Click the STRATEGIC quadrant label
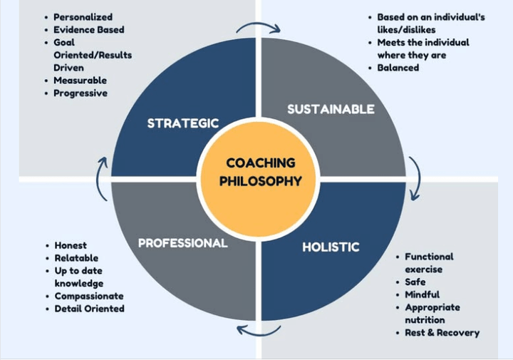[x=183, y=123]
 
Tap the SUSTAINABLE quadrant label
[x=331, y=109]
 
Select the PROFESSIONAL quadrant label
[x=183, y=243]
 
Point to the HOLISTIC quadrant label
[x=331, y=247]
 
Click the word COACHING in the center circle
[x=261, y=163]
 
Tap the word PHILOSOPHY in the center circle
[x=261, y=181]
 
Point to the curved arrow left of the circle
[x=100, y=178]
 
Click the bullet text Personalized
[x=83, y=17]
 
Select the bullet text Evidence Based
[x=89, y=30]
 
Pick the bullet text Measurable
[x=80, y=81]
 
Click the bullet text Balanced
[x=398, y=68]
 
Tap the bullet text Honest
[x=71, y=245]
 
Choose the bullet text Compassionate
[x=89, y=296]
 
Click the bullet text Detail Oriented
[x=89, y=309]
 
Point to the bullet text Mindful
[x=422, y=294]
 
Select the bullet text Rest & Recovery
[x=442, y=333]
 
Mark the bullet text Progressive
[x=81, y=93]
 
